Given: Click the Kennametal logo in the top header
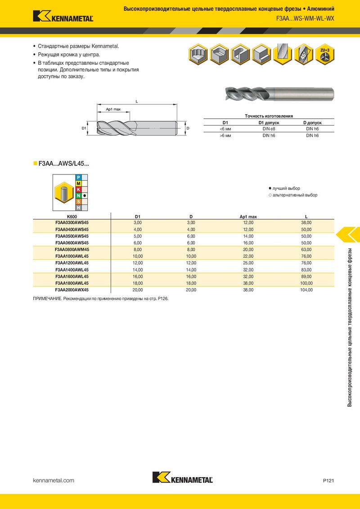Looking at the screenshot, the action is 63,16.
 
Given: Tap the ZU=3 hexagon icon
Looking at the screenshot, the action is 324,54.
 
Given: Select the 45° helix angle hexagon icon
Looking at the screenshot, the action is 303,54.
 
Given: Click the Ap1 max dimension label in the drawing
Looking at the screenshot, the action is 113,109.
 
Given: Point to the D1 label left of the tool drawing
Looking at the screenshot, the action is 84,128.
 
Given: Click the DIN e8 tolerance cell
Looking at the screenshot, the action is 269,129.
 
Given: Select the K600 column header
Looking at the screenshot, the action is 72,217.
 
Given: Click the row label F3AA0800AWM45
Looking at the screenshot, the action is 72,250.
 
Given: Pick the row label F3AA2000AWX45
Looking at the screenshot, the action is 72,290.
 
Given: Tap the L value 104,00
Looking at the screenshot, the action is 306,290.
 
